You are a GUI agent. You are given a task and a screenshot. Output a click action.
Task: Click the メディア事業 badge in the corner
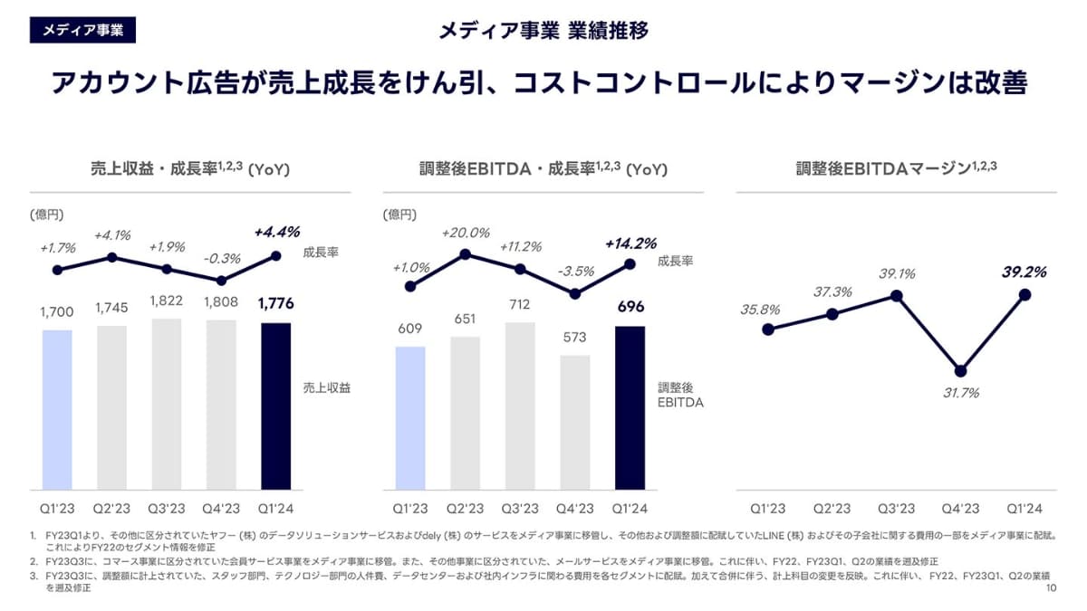pyautogui.click(x=82, y=30)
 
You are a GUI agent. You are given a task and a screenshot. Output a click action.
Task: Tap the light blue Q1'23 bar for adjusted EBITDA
pyautogui.click(x=410, y=417)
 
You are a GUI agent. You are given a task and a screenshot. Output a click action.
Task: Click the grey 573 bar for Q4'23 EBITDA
pyautogui.click(x=574, y=422)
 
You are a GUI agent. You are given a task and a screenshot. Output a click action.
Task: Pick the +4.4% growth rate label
pyautogui.click(x=276, y=232)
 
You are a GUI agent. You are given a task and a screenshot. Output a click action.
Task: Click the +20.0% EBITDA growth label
pyautogui.click(x=465, y=233)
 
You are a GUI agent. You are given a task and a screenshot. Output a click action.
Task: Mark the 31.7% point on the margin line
pyautogui.click(x=960, y=371)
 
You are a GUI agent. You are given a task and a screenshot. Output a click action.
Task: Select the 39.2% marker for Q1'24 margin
pyautogui.click(x=1024, y=294)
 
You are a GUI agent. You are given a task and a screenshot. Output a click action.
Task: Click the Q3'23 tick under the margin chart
pyautogui.click(x=896, y=509)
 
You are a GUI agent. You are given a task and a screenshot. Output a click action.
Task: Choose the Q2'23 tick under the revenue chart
pyautogui.click(x=111, y=509)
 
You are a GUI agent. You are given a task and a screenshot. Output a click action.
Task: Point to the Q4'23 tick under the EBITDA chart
pyautogui.click(x=574, y=509)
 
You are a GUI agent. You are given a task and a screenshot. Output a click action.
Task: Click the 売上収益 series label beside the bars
pyautogui.click(x=326, y=387)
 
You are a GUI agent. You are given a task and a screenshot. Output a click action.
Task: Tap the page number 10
pyautogui.click(x=1052, y=588)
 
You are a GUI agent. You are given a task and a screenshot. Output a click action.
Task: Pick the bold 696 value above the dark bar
pyautogui.click(x=630, y=307)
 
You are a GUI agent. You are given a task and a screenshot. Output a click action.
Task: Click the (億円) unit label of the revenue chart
pyautogui.click(x=47, y=215)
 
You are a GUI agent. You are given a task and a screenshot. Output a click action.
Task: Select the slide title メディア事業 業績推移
pyautogui.click(x=543, y=31)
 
